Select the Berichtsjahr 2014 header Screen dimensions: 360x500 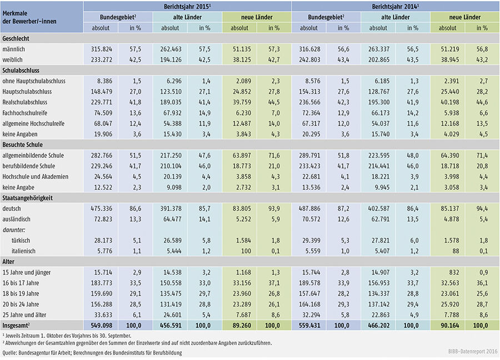(x=395, y=7)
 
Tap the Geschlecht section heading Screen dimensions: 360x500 (x=16, y=39)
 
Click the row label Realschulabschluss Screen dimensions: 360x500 (x=27, y=102)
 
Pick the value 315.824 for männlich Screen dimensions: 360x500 (x=101, y=49)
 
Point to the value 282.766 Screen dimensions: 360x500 (x=101, y=156)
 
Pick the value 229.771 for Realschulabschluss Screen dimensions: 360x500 (x=101, y=102)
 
